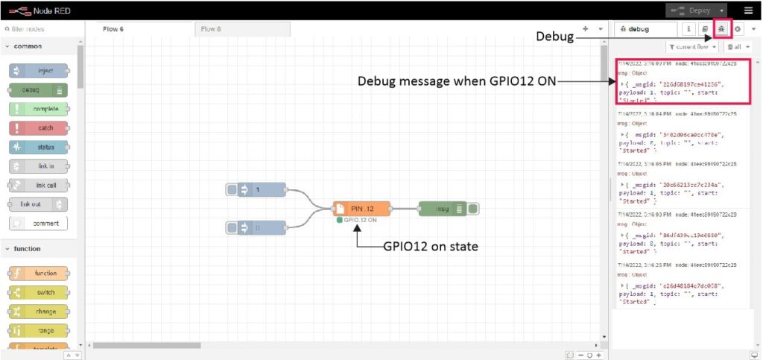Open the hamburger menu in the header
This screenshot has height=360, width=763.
(748, 10)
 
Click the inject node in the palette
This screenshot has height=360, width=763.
(39, 71)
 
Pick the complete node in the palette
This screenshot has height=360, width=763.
(39, 109)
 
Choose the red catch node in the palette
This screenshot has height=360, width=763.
(39, 127)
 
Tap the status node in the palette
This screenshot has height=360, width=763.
(39, 147)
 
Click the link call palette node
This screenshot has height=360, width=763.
(39, 185)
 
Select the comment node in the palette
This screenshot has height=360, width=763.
(39, 223)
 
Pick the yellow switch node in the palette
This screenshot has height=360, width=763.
(39, 292)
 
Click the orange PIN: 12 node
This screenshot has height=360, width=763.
(362, 209)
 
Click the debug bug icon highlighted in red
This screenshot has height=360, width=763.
(721, 29)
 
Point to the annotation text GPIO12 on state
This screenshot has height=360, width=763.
(430, 247)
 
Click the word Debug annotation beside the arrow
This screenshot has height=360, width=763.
(554, 37)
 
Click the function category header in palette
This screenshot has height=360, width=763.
(28, 249)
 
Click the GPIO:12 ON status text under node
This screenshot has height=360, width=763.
(360, 221)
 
